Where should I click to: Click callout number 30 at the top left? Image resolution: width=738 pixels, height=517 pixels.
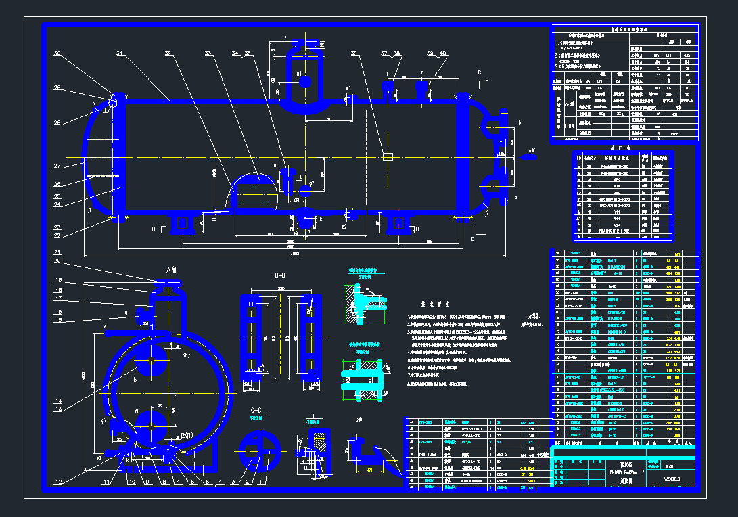pos(57,53)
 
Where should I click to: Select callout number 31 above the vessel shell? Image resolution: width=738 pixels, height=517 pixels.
pos(119,53)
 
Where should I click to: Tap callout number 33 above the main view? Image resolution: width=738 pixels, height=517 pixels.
pos(208,53)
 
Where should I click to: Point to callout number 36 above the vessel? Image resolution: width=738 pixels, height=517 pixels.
pos(354,53)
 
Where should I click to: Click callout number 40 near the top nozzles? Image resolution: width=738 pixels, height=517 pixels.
pos(443,53)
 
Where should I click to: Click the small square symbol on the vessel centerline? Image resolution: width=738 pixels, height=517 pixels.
pos(387,157)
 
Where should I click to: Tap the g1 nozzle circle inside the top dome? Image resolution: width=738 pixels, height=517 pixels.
pos(305,82)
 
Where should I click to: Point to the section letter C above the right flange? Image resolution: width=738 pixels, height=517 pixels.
pos(479,71)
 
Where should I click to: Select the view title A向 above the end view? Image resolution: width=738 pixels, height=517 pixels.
pos(171,269)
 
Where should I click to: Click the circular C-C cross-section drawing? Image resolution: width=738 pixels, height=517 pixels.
pos(260,449)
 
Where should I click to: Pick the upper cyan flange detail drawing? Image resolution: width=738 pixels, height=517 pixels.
pos(366,301)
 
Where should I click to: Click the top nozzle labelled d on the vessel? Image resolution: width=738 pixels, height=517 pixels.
pos(388,88)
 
